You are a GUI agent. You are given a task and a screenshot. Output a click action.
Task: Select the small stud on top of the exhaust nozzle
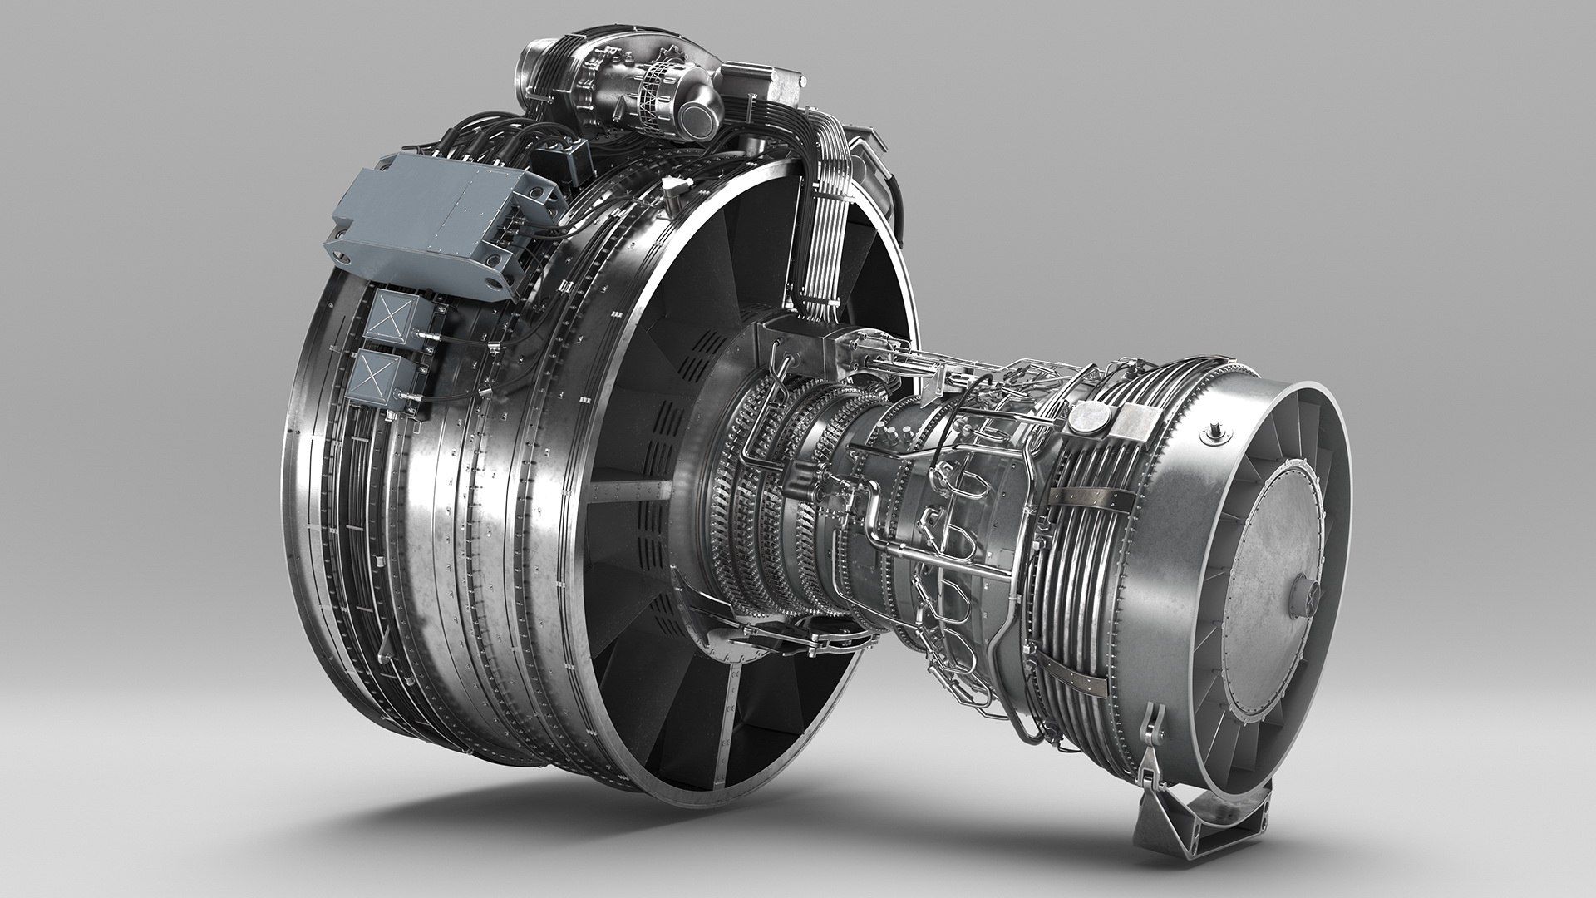point(1218,432)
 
